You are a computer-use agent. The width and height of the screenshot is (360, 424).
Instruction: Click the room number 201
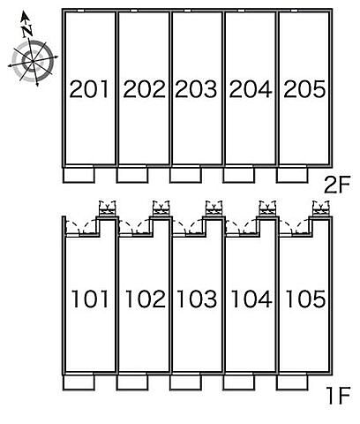[x=89, y=89]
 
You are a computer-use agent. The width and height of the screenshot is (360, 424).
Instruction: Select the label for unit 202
[x=144, y=89]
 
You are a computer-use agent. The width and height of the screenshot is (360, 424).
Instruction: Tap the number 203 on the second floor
[x=196, y=89]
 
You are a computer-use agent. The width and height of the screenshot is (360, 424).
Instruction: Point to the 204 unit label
[x=251, y=89]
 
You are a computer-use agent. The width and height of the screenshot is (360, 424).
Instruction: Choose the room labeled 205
[x=304, y=89]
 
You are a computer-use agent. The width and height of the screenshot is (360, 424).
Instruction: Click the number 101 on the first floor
[x=90, y=299]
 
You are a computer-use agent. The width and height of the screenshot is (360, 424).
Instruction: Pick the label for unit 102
[x=146, y=299]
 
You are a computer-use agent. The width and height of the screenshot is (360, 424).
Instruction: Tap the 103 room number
[x=198, y=299]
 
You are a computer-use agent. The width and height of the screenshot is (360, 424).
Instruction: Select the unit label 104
[x=251, y=299]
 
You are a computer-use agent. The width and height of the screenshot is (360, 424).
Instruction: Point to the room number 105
[x=306, y=299]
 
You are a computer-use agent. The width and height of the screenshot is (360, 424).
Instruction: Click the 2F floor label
[x=337, y=185]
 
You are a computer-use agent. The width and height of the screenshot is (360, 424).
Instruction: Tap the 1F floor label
[x=339, y=396]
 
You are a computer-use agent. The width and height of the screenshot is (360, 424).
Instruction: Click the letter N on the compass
[x=26, y=30]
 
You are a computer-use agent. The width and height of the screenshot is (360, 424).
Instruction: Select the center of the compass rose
[x=32, y=61]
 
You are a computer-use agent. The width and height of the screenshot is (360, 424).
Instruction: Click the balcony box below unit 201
[x=79, y=175]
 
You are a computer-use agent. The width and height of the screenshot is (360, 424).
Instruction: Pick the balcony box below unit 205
[x=292, y=175]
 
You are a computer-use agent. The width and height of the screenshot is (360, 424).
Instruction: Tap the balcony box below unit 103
[x=185, y=382]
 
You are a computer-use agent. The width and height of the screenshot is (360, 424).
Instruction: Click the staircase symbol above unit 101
[x=107, y=208]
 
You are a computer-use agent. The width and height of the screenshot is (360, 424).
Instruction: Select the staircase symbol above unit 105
[x=321, y=208]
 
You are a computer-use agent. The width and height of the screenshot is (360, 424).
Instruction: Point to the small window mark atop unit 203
[x=187, y=11]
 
